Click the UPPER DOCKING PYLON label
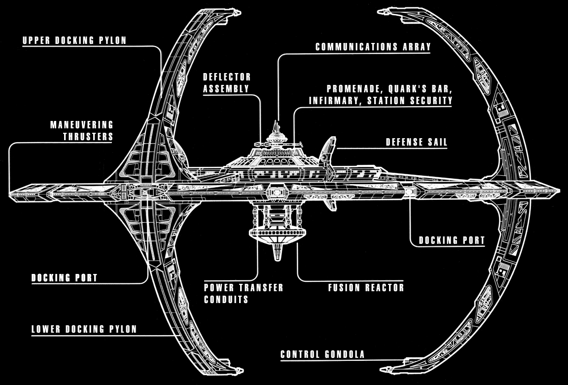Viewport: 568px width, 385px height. pyautogui.click(x=74, y=40)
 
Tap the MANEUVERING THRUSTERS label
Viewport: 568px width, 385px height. pyautogui.click(x=82, y=130)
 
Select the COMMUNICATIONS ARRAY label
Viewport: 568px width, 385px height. pyautogui.click(x=373, y=47)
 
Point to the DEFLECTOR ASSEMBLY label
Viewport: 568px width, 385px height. pyautogui.click(x=227, y=83)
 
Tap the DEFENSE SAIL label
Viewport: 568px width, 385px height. pyautogui.click(x=417, y=143)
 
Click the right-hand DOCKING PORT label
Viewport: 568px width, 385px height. pyautogui.click(x=452, y=241)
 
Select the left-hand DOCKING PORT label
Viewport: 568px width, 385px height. pyautogui.click(x=64, y=278)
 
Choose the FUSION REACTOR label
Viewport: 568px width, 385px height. pyautogui.click(x=366, y=288)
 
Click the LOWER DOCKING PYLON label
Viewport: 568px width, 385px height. pyautogui.click(x=84, y=329)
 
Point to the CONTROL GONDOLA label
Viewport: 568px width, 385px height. pyautogui.click(x=322, y=354)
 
